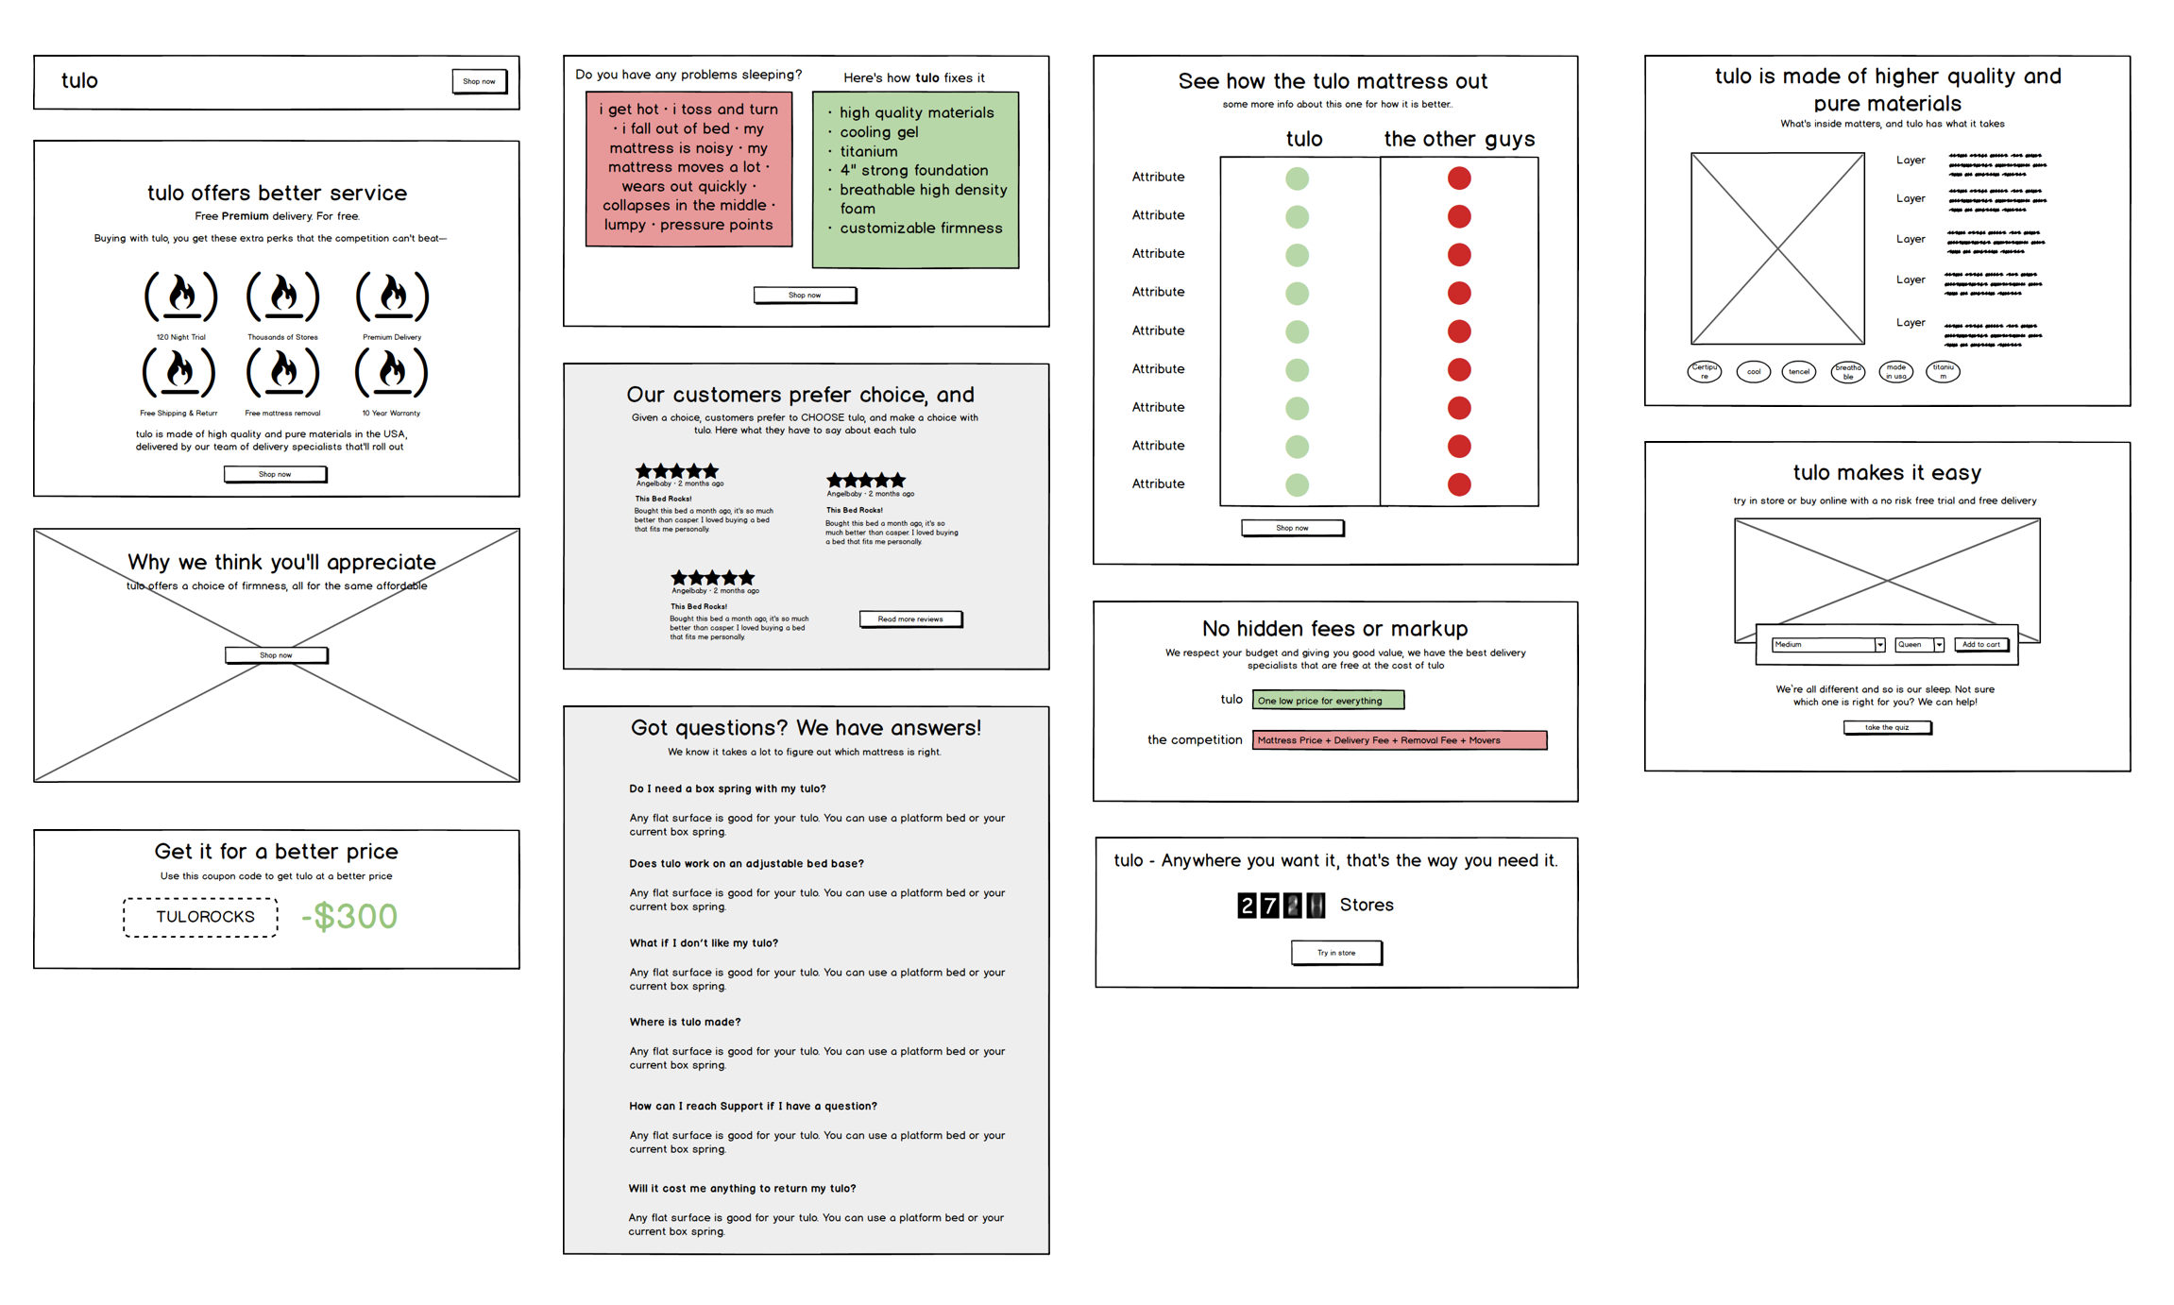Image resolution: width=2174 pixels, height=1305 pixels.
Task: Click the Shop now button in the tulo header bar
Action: pyautogui.click(x=479, y=81)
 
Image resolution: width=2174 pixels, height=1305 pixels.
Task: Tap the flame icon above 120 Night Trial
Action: pyautogui.click(x=180, y=297)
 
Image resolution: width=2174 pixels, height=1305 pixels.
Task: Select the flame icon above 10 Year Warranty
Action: pyautogui.click(x=391, y=372)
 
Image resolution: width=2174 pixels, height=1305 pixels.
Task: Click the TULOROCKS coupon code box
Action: pyautogui.click(x=200, y=917)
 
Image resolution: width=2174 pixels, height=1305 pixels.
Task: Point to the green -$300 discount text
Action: pyautogui.click(x=349, y=916)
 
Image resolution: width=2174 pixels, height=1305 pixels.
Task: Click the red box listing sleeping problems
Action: pyautogui.click(x=688, y=168)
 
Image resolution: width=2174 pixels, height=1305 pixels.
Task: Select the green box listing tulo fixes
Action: pyautogui.click(x=914, y=179)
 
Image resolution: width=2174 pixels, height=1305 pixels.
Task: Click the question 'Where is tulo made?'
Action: pyautogui.click(x=685, y=1022)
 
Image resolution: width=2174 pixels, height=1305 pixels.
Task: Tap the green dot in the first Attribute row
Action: pyautogui.click(x=1297, y=178)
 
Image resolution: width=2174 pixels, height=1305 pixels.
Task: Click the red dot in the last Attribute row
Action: pyautogui.click(x=1458, y=484)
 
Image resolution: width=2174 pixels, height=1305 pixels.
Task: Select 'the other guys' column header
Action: pyautogui.click(x=1458, y=139)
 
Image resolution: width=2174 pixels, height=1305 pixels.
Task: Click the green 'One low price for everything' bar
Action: pyautogui.click(x=1327, y=700)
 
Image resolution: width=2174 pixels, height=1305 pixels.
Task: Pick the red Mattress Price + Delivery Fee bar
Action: pyautogui.click(x=1399, y=740)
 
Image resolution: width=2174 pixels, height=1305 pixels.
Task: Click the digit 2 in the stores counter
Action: pyautogui.click(x=1247, y=906)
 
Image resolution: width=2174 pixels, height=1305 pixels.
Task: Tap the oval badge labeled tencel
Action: pyautogui.click(x=1798, y=372)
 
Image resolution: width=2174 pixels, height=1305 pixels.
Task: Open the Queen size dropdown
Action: pyautogui.click(x=1919, y=645)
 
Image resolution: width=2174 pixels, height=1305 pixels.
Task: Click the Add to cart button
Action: pyautogui.click(x=1980, y=645)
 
